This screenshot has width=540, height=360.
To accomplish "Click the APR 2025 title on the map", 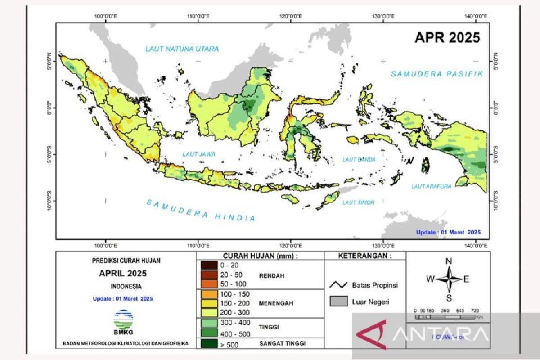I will [x=447, y=38].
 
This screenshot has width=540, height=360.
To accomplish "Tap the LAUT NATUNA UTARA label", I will [x=182, y=49].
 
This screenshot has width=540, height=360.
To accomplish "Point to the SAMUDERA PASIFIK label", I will [x=436, y=74].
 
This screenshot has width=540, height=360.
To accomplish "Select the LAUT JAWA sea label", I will [x=198, y=154].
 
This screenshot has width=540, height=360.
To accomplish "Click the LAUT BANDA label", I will [x=359, y=159].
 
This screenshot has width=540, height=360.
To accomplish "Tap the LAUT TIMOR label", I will [x=358, y=203].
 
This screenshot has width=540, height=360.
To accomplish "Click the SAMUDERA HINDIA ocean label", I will [x=201, y=210].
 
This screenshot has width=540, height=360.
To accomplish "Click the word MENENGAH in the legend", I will [x=276, y=303].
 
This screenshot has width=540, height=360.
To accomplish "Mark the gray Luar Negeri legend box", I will [x=338, y=301].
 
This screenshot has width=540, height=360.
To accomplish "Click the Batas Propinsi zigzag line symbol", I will [x=338, y=285].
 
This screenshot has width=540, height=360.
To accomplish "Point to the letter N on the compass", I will [x=448, y=261].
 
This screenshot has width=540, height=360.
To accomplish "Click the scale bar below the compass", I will [x=444, y=317].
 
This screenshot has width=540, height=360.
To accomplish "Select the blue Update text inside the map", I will [x=447, y=232].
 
